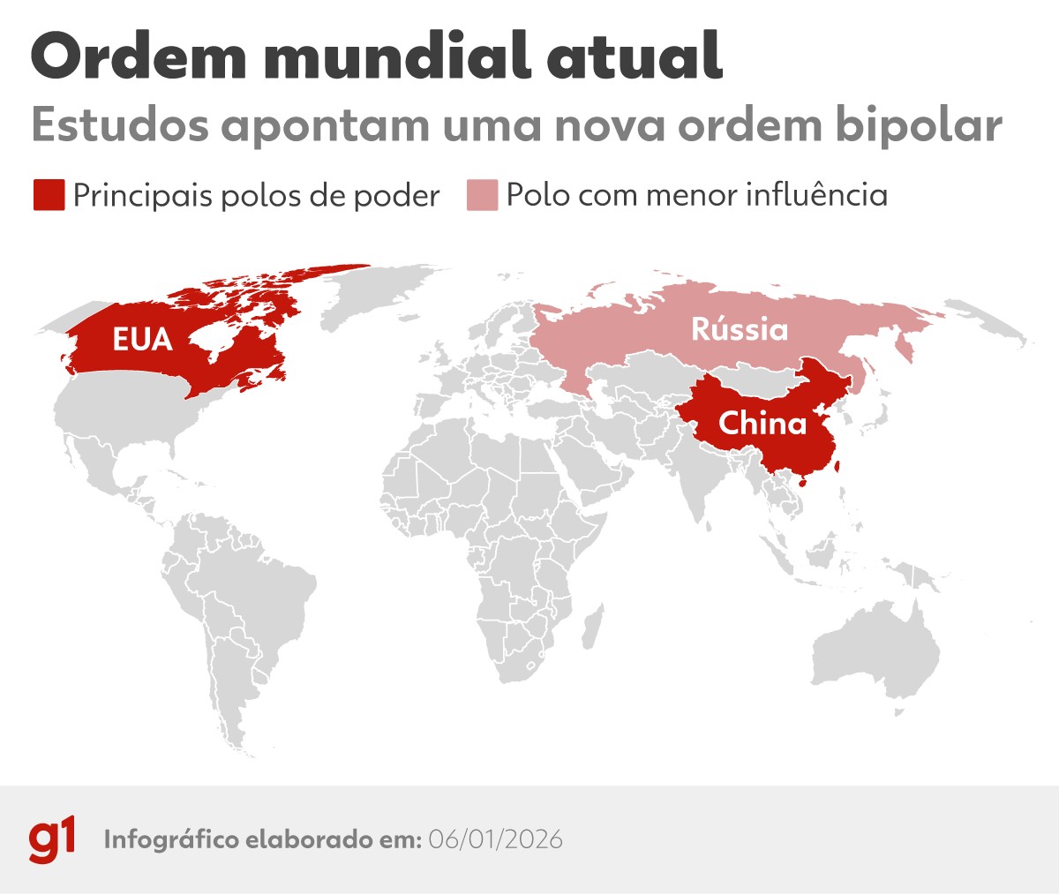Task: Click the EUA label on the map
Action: (x=142, y=339)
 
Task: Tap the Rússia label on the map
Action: (x=740, y=329)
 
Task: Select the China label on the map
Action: (x=762, y=424)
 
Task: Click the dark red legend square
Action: (x=49, y=195)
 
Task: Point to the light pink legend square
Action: (x=482, y=195)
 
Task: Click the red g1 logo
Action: (x=52, y=839)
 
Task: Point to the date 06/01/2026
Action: (x=495, y=839)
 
